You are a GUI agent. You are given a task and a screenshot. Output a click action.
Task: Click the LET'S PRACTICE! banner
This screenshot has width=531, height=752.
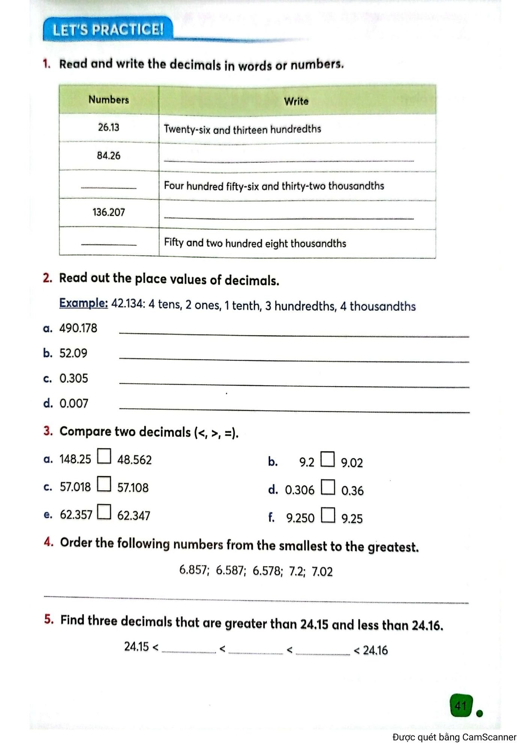point(108,30)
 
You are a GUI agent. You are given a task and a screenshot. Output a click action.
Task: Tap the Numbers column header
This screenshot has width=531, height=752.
point(109,100)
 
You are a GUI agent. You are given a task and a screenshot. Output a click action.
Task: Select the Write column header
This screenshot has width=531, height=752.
point(296,101)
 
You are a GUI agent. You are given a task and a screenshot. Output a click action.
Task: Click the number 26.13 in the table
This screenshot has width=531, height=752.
point(109,127)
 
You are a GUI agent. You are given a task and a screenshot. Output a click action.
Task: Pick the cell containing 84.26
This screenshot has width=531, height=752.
point(109,156)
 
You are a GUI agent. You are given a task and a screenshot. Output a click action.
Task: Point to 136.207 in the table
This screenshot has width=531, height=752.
point(109,212)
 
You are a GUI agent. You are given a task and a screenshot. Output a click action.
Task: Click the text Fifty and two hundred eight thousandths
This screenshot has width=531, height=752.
point(255,243)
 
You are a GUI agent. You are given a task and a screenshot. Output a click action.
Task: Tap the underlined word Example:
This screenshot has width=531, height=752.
point(83,303)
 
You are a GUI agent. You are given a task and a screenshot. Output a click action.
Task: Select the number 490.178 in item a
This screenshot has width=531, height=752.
point(78,328)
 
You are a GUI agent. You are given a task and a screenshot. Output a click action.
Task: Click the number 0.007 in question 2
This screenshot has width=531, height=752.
point(74,403)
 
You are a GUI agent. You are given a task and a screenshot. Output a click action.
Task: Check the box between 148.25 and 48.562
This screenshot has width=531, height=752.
point(104,456)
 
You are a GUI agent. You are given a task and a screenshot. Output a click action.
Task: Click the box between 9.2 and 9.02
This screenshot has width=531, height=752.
point(327,459)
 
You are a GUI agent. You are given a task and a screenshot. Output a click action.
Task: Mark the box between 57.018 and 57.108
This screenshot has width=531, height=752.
point(104,484)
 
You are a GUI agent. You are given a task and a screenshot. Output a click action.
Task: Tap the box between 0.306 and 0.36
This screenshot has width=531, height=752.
point(328,487)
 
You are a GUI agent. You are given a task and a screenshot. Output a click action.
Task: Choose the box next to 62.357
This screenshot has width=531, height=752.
point(104,512)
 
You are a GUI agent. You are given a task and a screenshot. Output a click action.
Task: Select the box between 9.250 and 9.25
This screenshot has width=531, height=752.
point(328,515)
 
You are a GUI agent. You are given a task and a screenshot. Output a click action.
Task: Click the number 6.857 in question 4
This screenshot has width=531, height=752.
point(193,570)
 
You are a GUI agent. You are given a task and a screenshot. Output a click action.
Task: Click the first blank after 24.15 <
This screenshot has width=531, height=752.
point(189,649)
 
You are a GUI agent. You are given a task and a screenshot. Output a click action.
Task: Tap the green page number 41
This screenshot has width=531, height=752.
point(460,706)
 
